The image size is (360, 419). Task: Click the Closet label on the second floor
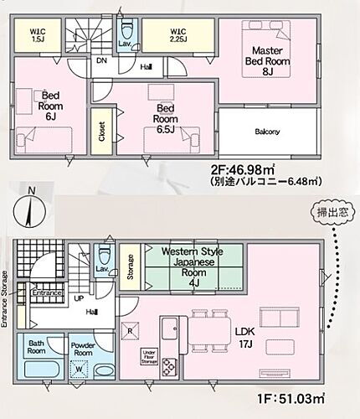[x=101, y=134]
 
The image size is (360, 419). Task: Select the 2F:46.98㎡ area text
[x=246, y=171]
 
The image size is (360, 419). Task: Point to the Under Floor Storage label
[x=149, y=355]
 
